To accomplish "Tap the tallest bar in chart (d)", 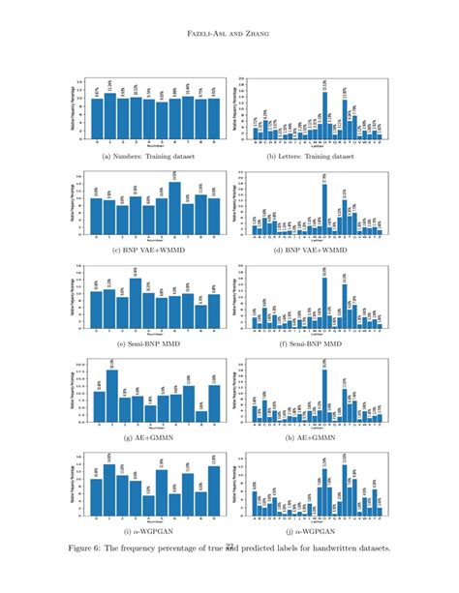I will pyautogui.click(x=324, y=209).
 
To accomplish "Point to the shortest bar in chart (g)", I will pyautogui.click(x=150, y=414).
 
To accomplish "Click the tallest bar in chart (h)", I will pyautogui.click(x=324, y=397).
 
